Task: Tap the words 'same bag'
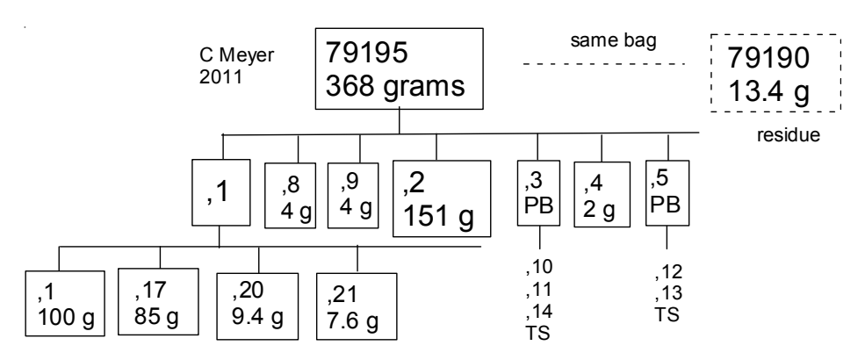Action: (x=602, y=42)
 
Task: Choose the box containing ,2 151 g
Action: (x=441, y=198)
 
